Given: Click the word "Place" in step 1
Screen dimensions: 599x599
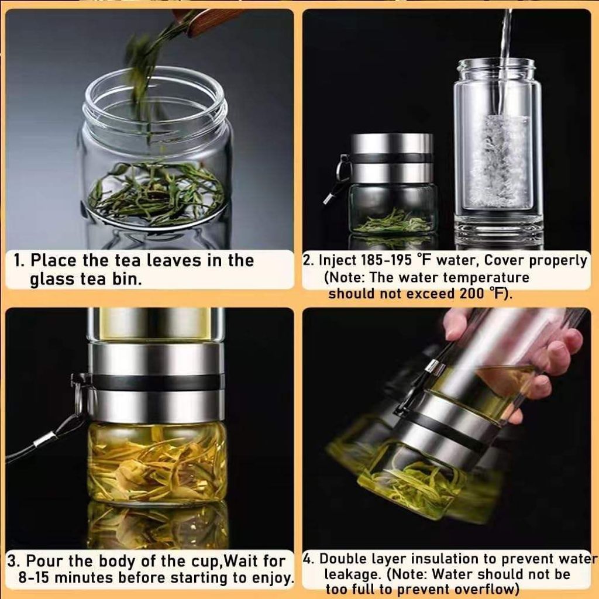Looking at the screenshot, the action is pyautogui.click(x=54, y=260).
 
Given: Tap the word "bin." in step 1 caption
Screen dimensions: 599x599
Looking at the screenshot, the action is pyautogui.click(x=127, y=279).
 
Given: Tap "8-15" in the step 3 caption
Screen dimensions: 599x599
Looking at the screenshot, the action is pyautogui.click(x=35, y=577).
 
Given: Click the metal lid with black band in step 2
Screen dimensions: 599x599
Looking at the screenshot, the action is pyautogui.click(x=391, y=158).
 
